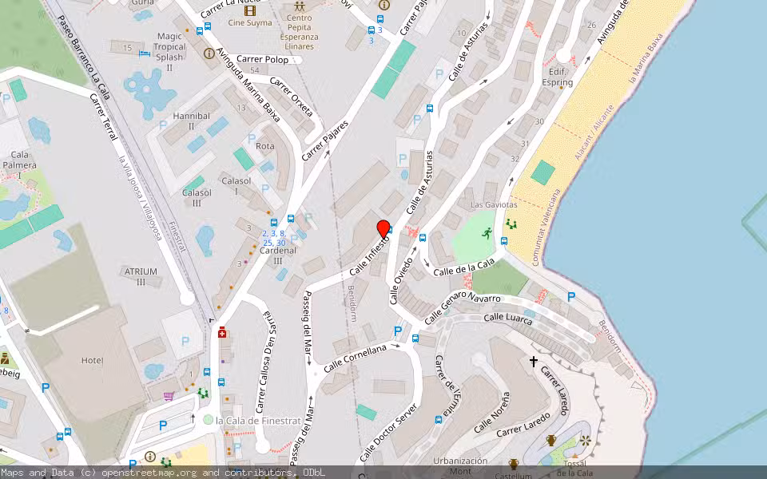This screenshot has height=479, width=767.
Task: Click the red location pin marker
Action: pos(383,229)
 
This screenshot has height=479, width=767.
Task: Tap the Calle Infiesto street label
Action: pos(368,256)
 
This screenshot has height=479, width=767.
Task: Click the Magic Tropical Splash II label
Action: pos(169,52)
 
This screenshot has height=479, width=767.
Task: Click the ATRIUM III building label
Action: pos(141,276)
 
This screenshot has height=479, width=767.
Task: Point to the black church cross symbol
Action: pos(534,362)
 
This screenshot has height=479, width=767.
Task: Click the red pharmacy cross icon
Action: pos(222,333)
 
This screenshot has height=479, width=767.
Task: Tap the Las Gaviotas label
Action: pos(493,205)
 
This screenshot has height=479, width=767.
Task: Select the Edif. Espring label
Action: pos(557,77)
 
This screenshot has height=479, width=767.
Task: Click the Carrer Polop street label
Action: pos(265,60)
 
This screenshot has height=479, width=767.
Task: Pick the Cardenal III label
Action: pos(278,255)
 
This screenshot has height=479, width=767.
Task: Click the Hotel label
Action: pos(93,360)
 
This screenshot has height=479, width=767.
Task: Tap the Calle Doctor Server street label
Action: pos(389,432)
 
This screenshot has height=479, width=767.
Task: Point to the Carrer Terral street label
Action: pos(104,117)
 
